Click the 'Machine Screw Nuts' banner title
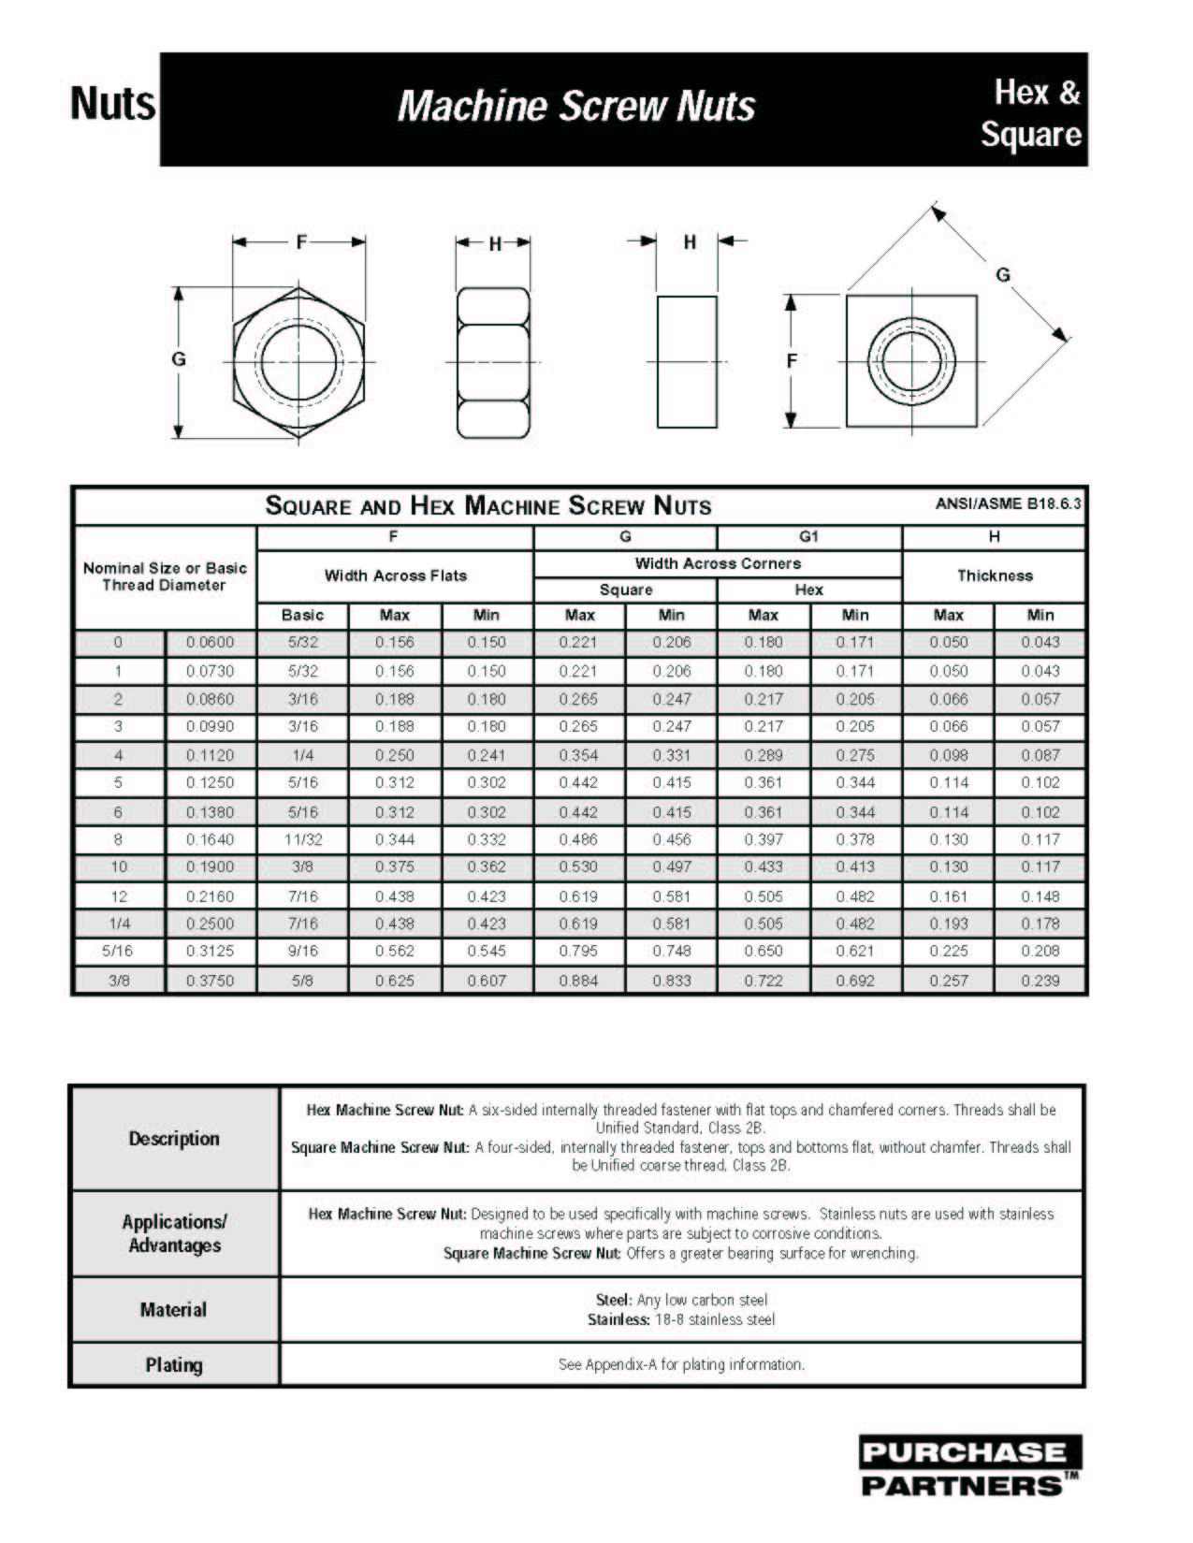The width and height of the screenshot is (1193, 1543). [575, 106]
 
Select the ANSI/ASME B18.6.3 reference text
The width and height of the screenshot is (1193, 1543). [1008, 503]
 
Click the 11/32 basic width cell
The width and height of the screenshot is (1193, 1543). [302, 839]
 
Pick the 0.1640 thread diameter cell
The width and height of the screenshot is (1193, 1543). [210, 839]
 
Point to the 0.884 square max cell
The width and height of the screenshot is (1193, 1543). [578, 980]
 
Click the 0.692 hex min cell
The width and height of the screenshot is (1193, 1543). [855, 980]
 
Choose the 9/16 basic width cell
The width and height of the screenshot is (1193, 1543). [302, 951]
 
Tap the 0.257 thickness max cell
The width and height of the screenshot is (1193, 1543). [948, 980]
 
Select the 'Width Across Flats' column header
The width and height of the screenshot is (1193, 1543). [395, 575]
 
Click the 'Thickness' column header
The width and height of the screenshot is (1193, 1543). [994, 575]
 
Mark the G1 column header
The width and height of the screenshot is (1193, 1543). [808, 536]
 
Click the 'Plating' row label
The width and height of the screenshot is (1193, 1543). [174, 1364]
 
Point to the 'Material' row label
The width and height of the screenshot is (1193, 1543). [174, 1309]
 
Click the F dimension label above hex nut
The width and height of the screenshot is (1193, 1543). [301, 242]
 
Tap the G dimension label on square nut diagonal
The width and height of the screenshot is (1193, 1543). [1002, 275]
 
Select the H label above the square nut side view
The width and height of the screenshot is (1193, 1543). [690, 242]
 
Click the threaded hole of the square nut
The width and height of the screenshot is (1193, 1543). [912, 361]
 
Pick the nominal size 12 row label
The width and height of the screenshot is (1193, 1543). [119, 895]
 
